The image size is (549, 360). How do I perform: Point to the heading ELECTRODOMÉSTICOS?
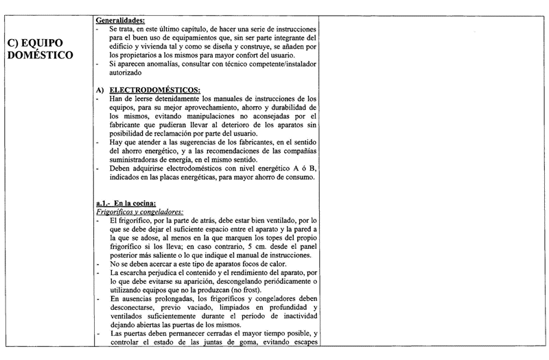point(155,90)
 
